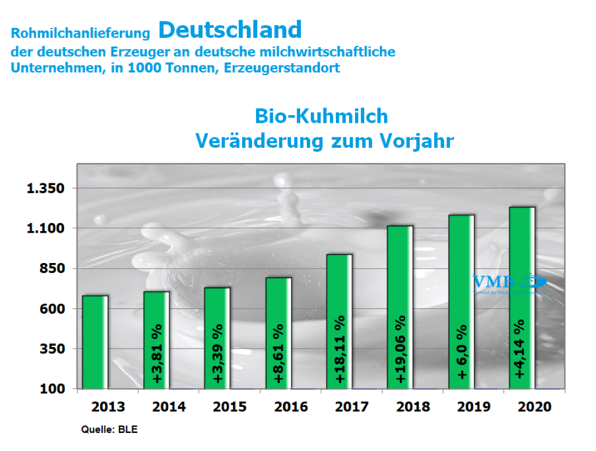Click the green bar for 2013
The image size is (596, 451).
coord(95,342)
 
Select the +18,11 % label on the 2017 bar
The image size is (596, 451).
coord(340,349)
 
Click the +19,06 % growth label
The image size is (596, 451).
coord(400,349)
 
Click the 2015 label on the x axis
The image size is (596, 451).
coord(230,407)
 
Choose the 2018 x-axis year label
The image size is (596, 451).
coord(413,407)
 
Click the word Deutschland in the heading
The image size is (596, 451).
coord(230,29)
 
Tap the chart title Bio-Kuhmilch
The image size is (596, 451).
coord(321,116)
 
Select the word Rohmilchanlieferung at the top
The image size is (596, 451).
coord(81,33)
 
